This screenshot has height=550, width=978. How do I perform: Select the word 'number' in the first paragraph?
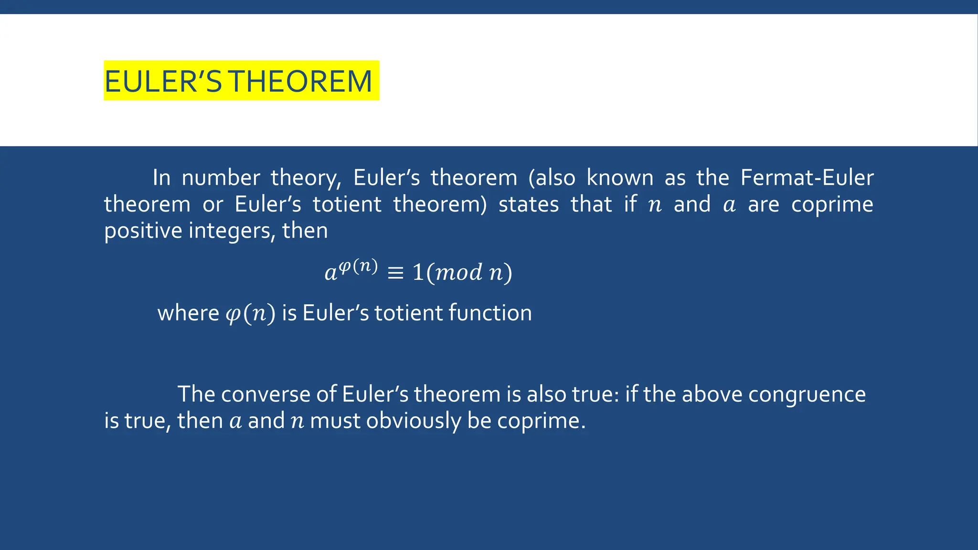coord(221,178)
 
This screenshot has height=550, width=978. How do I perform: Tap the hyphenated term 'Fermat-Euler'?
coord(807,178)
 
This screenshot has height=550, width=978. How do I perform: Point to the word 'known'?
coord(620,178)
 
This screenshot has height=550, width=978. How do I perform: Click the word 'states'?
coord(529,205)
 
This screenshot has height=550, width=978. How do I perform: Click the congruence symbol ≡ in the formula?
coord(395,273)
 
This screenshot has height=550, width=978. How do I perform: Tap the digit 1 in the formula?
coord(418,272)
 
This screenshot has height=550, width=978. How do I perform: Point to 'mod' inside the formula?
coord(459,272)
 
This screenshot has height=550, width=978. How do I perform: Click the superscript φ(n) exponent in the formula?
coord(358,265)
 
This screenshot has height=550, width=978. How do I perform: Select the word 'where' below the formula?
coord(188,313)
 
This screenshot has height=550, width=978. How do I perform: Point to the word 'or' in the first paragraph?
coord(213,205)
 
